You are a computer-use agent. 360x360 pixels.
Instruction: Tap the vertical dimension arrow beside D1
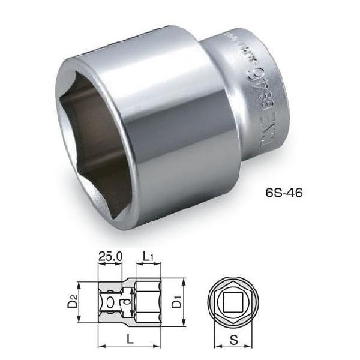click(x=183, y=298)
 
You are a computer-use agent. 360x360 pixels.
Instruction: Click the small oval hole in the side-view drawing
click(x=112, y=298)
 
